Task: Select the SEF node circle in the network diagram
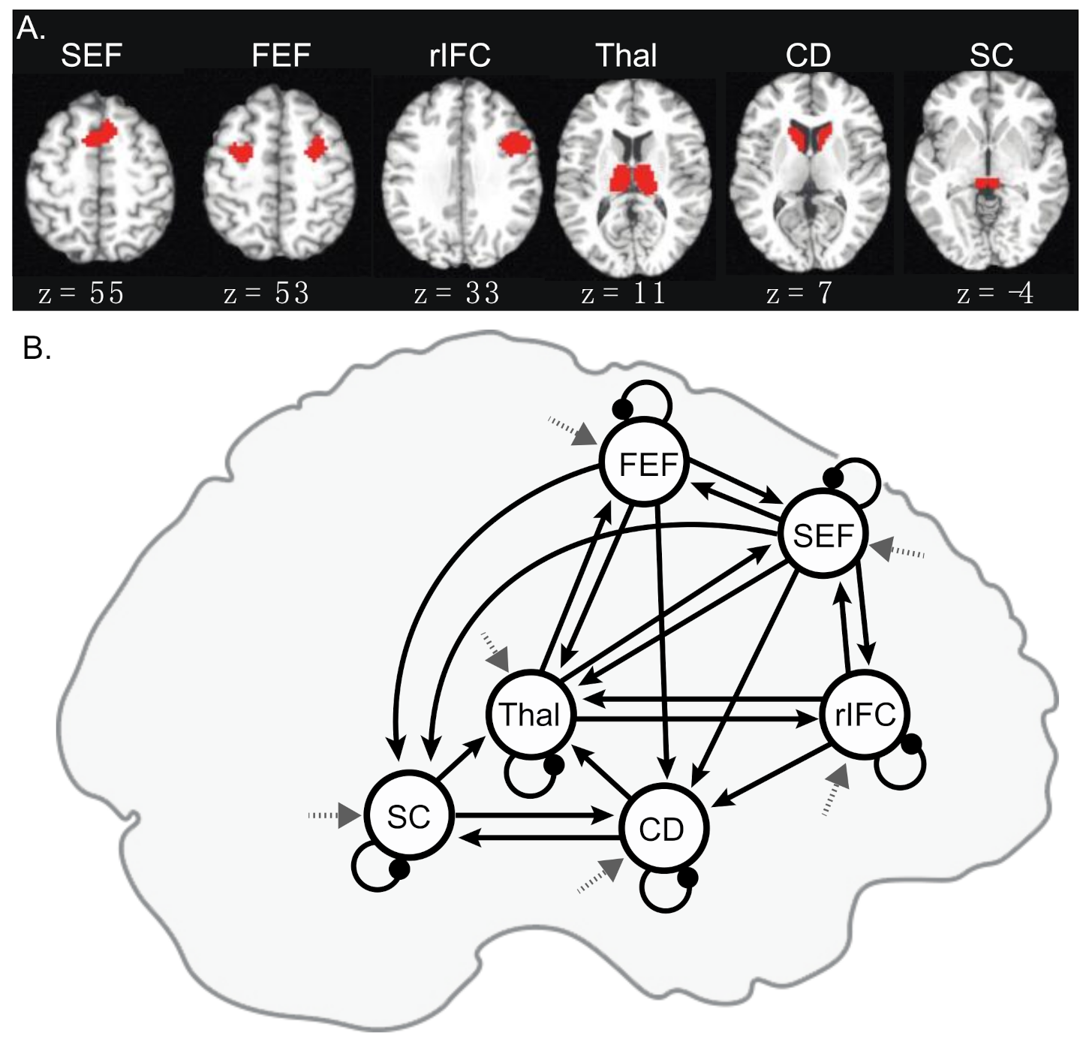823,535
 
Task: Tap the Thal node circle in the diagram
529,714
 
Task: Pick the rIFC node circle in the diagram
865,714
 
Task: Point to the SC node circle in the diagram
408,816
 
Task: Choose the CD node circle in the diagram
662,829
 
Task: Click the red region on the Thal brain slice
633,179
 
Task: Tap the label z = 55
81,294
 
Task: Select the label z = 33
456,294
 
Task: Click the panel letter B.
37,348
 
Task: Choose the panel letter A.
32,29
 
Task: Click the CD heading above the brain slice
808,56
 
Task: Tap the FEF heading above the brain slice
281,56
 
